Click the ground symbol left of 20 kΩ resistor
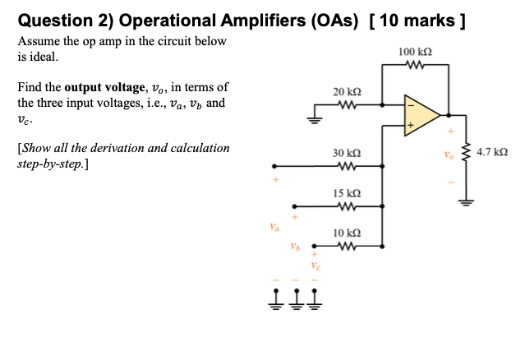click(x=313, y=116)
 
